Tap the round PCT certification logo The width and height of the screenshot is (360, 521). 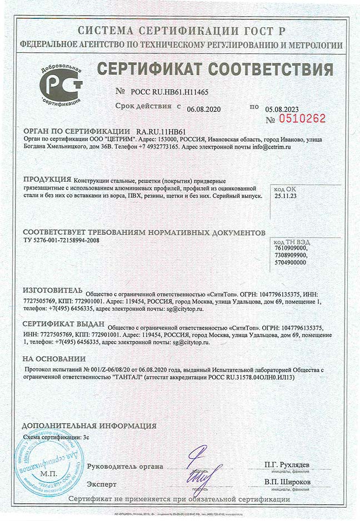[x=62, y=85]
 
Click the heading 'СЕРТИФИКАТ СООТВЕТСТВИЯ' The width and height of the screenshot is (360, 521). [x=215, y=70]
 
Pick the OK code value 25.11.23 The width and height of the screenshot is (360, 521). [x=284, y=196]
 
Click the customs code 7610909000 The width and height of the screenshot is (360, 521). [x=290, y=248]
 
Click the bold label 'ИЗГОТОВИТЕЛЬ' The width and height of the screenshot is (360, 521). [x=52, y=292]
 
